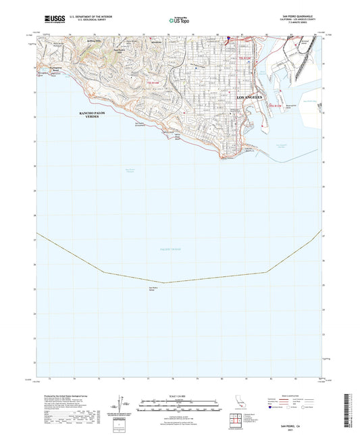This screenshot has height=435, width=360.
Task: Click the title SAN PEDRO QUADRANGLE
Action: pos(290,14)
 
